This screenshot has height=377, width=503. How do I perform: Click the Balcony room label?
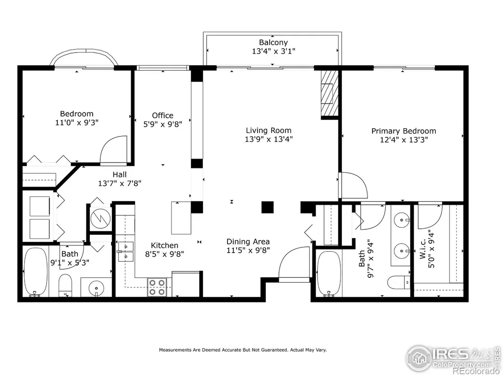click(273, 42)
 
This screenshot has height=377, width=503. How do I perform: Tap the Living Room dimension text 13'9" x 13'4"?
click(269, 139)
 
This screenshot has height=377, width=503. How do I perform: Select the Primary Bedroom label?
click(404, 131)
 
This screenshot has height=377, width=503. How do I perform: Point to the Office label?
click(163, 115)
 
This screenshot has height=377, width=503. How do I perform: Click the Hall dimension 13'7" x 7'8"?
click(120, 184)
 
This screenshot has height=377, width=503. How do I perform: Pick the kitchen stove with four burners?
click(157, 287)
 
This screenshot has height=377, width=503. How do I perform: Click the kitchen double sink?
click(125, 251)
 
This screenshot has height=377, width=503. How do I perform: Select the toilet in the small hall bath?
click(65, 285)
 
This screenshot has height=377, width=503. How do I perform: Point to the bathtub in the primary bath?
click(329, 274)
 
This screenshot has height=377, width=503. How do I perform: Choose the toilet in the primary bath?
click(399, 282)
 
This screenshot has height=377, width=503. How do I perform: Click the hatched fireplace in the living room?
click(330, 93)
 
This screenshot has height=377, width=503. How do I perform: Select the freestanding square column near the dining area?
click(267, 207)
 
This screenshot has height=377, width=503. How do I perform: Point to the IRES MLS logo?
click(452, 357)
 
